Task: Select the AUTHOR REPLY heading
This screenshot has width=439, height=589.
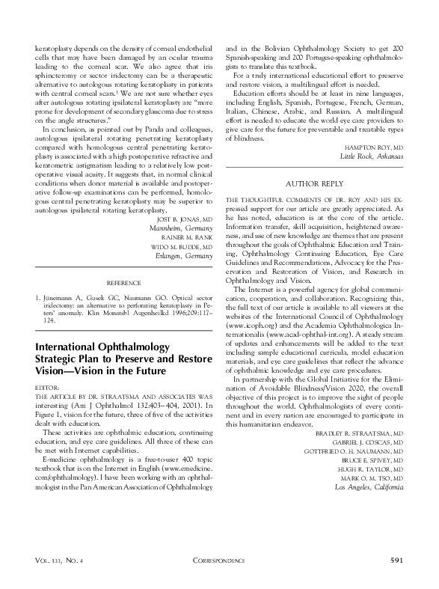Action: click(314, 183)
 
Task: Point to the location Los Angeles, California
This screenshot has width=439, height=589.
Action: click(369, 487)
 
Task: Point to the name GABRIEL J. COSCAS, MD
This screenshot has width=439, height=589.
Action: click(364, 442)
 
